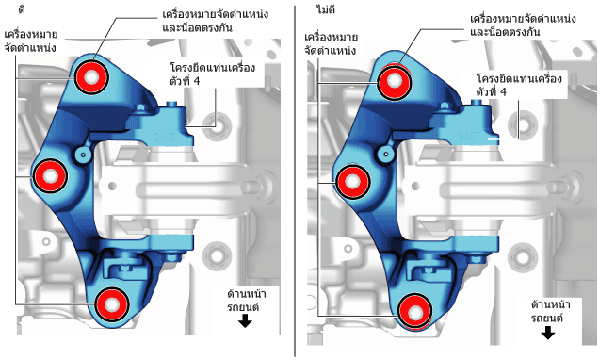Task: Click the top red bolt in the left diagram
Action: click(x=91, y=77)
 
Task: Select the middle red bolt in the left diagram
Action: click(x=50, y=176)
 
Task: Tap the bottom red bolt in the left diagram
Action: click(x=112, y=304)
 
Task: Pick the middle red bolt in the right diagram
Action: click(x=352, y=182)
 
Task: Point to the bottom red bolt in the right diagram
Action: click(x=414, y=312)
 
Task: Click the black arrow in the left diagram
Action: click(x=245, y=321)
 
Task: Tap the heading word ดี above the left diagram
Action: click(x=22, y=8)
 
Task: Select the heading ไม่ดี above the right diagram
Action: click(x=326, y=9)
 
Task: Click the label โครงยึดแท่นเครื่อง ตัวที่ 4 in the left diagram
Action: click(x=213, y=74)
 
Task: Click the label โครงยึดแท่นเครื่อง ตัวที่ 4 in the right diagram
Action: click(x=519, y=85)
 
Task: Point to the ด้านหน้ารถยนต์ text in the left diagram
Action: click(x=247, y=301)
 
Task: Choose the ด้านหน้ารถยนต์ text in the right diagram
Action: click(x=550, y=311)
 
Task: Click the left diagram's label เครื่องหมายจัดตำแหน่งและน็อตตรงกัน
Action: click(x=215, y=21)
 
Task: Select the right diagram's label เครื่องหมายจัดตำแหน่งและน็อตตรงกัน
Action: click(x=523, y=25)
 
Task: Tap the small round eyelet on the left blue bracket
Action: click(x=83, y=155)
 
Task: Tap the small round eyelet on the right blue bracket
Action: click(x=386, y=155)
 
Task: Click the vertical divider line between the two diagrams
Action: click(x=295, y=181)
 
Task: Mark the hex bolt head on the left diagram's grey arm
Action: click(x=262, y=187)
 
